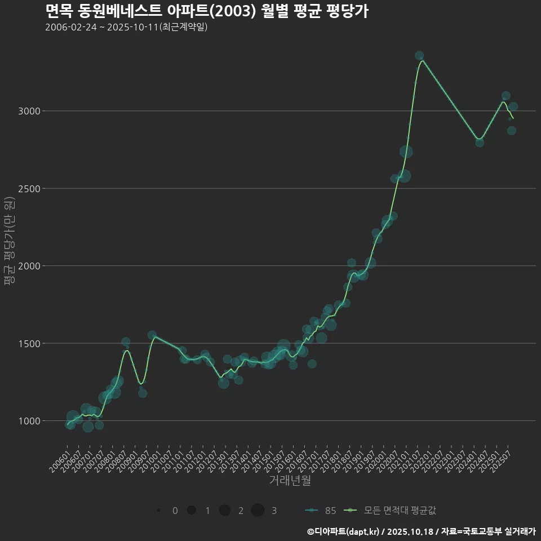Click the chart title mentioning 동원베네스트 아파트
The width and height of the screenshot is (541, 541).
(x=206, y=11)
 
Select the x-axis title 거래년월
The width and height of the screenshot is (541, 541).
(x=290, y=480)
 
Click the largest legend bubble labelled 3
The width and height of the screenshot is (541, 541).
(x=258, y=511)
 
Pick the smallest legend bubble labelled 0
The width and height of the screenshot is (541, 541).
(x=159, y=511)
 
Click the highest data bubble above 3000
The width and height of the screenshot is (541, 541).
(x=419, y=56)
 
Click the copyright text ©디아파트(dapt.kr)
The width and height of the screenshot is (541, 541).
(x=344, y=531)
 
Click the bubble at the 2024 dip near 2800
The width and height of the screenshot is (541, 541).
(x=480, y=143)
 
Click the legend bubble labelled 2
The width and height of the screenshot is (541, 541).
(x=225, y=511)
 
